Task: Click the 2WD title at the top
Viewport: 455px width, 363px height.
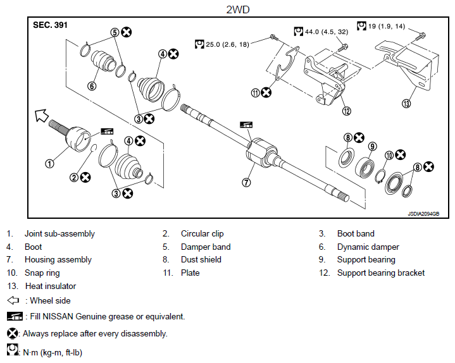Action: click(238, 9)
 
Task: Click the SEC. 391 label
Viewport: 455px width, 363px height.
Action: click(50, 25)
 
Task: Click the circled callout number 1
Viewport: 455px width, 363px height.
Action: click(49, 164)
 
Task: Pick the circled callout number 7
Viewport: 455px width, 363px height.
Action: click(246, 182)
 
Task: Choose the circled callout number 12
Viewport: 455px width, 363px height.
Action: click(347, 111)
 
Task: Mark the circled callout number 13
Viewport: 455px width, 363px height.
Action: click(406, 103)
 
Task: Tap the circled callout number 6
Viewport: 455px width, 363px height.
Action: click(92, 86)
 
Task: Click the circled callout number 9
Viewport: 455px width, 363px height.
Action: click(372, 147)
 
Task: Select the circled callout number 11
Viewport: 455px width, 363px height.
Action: click(256, 93)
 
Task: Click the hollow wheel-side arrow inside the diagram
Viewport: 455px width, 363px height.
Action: click(41, 115)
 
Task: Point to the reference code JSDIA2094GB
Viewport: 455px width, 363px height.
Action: click(423, 214)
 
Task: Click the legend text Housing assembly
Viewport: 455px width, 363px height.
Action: click(58, 260)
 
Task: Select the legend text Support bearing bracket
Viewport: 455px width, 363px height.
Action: click(381, 273)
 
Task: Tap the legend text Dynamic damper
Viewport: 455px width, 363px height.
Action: click(368, 247)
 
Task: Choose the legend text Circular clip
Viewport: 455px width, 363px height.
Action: click(203, 234)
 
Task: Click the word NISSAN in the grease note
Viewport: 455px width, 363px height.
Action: click(58, 316)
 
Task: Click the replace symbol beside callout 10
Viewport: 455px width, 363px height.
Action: click(401, 154)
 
